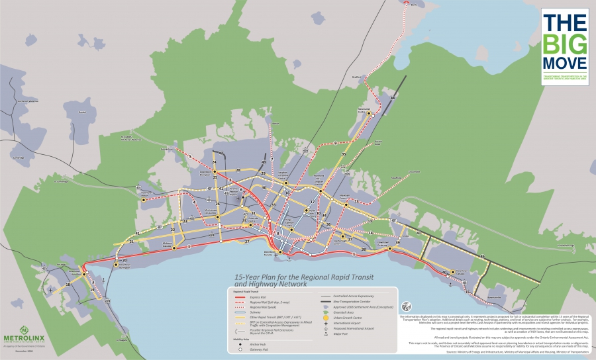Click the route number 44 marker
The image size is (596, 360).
pos(392,98)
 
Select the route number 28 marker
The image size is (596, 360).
pos(237,170)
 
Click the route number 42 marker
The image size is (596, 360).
pos(221,154)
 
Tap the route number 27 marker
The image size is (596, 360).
pos(247,242)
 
